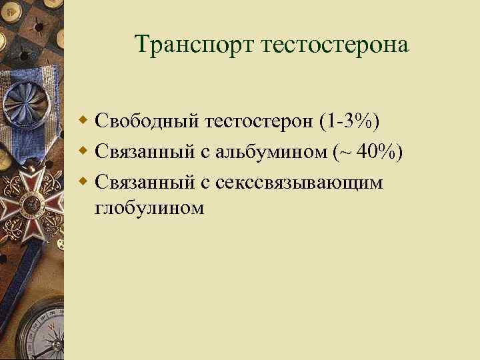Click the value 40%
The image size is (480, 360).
coord(380,152)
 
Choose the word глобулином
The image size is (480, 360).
coord(149,208)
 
